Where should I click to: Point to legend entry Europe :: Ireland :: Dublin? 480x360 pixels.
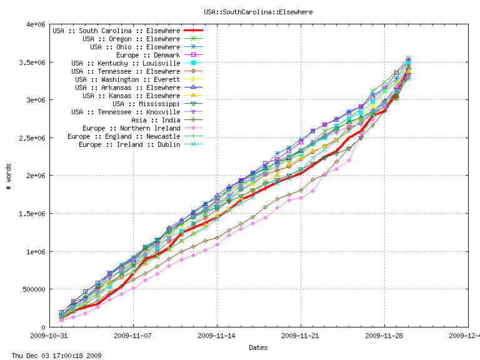(x=129, y=144)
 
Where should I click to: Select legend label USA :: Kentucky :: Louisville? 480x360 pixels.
(x=125, y=63)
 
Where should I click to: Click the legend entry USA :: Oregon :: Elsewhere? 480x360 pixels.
(x=131, y=39)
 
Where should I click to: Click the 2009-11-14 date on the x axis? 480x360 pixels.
(x=217, y=335)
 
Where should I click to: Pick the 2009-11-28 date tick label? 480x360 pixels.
(x=384, y=335)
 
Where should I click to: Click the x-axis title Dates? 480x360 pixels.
(x=258, y=347)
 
